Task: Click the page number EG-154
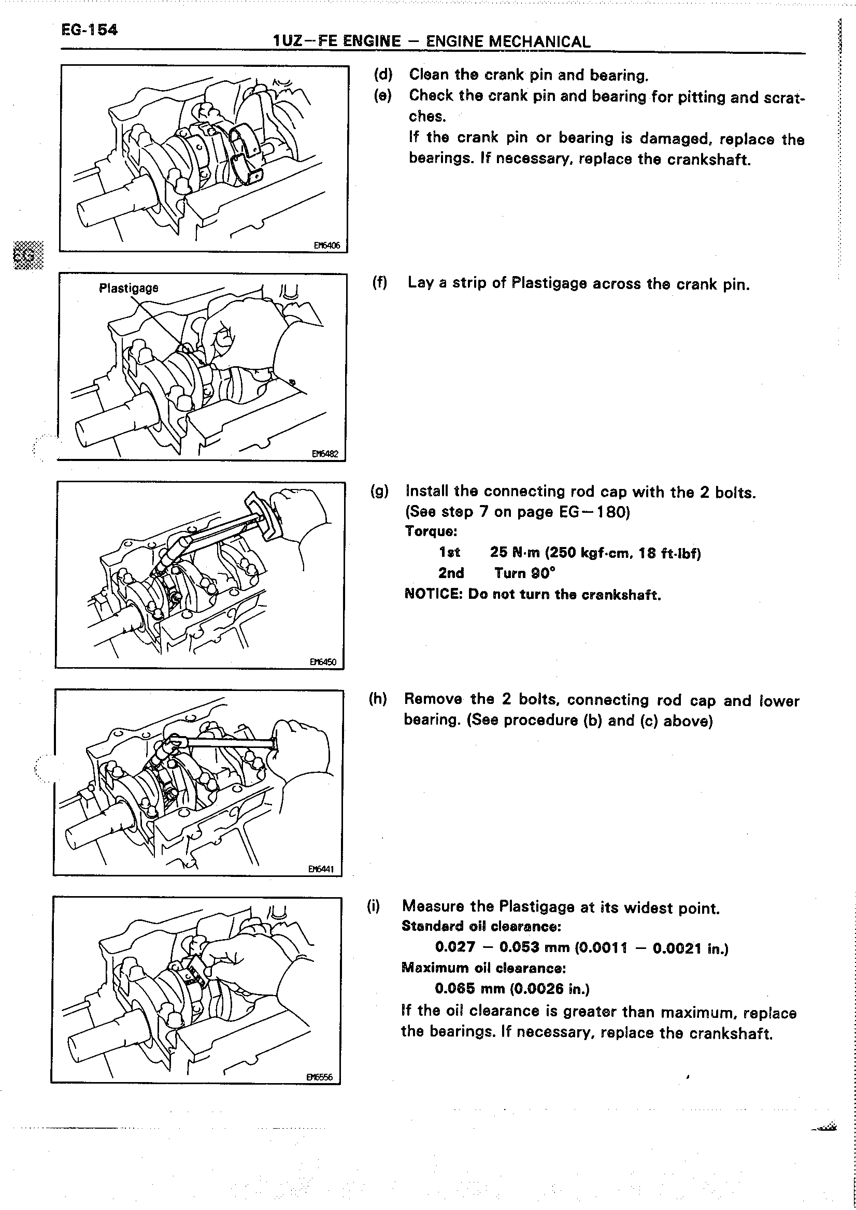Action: (x=89, y=30)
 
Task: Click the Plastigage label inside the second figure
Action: (x=129, y=289)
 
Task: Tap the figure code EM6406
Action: (x=327, y=245)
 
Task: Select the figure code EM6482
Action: (x=325, y=453)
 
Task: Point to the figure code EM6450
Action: (x=323, y=661)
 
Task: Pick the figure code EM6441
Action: (x=321, y=869)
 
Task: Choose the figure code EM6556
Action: (x=319, y=1077)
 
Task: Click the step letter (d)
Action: (x=383, y=75)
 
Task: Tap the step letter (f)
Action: (x=380, y=283)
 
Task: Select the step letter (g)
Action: (x=379, y=491)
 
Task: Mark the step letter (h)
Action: (x=378, y=699)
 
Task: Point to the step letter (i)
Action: (x=373, y=906)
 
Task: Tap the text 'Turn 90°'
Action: (x=525, y=573)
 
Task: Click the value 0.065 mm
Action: (x=469, y=989)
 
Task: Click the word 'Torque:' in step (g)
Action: (x=431, y=531)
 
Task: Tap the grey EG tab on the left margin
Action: (x=28, y=255)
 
